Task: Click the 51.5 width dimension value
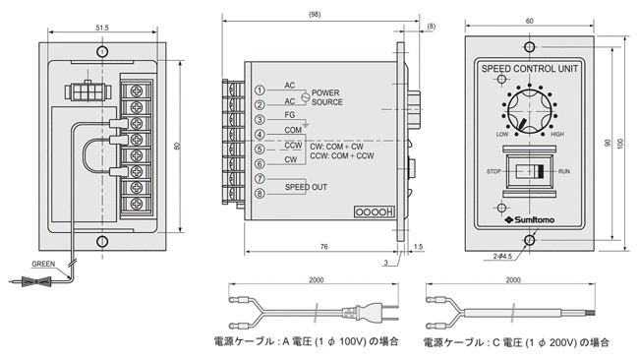(x=102, y=28)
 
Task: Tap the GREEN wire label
(x=43, y=264)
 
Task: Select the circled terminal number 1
(x=260, y=90)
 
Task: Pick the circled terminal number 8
(x=260, y=194)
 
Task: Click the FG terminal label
(x=290, y=115)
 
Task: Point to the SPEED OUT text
(x=306, y=187)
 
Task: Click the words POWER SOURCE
(x=326, y=97)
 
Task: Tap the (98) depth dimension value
(x=315, y=15)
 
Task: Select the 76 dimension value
(x=324, y=247)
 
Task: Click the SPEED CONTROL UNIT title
(x=529, y=69)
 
